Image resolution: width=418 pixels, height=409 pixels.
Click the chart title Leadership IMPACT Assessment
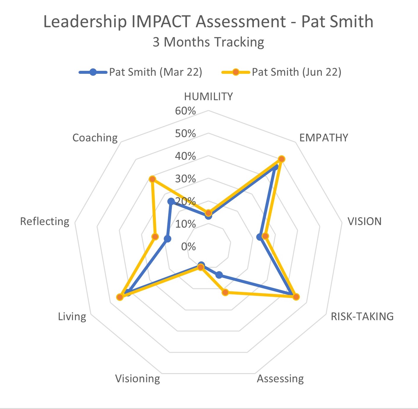click(208, 22)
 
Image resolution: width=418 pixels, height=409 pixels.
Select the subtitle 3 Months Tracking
click(208, 42)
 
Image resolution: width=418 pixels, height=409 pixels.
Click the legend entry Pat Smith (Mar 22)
click(155, 72)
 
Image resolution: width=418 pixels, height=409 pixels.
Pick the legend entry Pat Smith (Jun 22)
click(296, 72)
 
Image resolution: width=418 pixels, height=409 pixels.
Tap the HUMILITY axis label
click(208, 97)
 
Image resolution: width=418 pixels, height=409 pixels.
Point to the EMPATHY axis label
click(323, 138)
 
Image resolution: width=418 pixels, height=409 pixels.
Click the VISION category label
click(364, 221)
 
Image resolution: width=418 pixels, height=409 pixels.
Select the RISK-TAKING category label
click(362, 317)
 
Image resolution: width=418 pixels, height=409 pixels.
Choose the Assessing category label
click(280, 379)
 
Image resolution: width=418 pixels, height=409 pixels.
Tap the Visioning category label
click(137, 379)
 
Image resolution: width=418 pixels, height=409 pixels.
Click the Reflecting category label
click(44, 221)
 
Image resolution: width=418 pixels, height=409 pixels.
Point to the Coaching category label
click(95, 138)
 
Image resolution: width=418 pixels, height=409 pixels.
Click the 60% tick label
click(185, 111)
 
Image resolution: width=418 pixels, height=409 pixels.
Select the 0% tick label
click(188, 246)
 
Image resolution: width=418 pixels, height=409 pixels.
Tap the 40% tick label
click(185, 156)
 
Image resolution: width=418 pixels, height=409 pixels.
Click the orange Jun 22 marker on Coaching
click(152, 179)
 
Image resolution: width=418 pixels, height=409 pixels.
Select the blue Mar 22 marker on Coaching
click(171, 202)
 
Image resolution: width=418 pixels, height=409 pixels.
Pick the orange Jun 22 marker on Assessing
click(225, 293)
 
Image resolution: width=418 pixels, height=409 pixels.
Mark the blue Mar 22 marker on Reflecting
click(167, 239)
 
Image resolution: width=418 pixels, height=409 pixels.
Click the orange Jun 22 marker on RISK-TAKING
click(296, 297)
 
